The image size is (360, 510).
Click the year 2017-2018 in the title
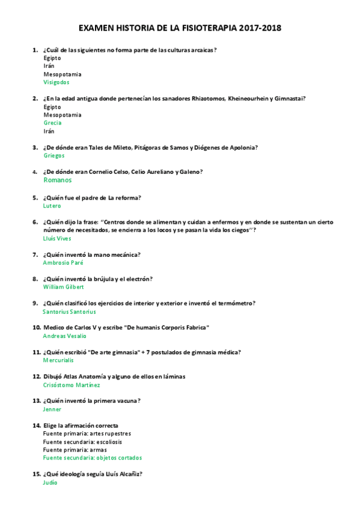260,28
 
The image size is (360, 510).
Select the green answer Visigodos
56,82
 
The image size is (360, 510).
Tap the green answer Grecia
52,123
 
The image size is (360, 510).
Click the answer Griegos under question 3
54,155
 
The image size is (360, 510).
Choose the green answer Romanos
58,180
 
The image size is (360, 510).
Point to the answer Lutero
52,206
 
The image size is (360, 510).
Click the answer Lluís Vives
57,238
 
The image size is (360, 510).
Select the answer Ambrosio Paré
63,263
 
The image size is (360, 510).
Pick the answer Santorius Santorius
69,312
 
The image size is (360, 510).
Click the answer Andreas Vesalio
64,336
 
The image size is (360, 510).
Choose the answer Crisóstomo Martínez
72,385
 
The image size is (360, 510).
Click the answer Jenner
52,409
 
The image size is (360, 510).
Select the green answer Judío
50,482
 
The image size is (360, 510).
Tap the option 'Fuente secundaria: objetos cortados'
93,458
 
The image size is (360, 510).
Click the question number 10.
36,328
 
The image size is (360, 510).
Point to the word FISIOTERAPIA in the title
206,28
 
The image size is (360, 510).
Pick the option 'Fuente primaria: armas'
75,449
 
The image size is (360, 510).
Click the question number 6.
35,222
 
